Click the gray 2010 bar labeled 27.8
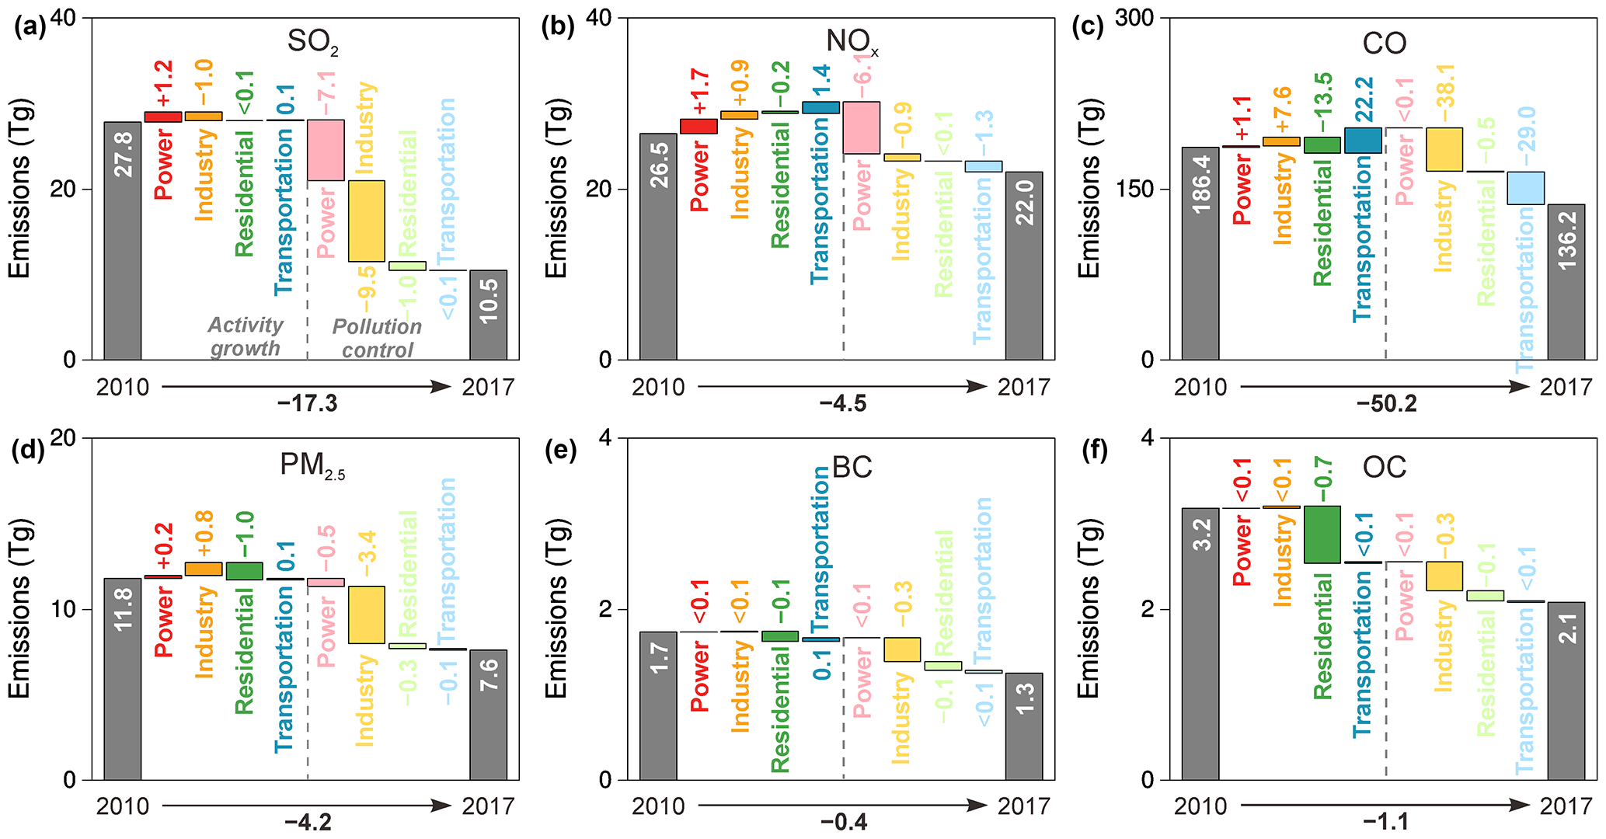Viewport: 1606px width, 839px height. tap(123, 241)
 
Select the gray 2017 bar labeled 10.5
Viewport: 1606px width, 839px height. tap(488, 315)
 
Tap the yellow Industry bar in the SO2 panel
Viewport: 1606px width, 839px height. tap(366, 221)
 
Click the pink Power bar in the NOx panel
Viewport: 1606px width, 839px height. tap(862, 127)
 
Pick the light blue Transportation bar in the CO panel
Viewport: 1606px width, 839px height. tap(1525, 188)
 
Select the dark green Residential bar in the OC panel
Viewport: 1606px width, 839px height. tap(1322, 534)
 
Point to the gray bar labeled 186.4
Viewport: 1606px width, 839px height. tap(1200, 253)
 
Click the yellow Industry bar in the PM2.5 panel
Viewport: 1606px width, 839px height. tap(366, 614)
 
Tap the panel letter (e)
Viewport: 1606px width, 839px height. tap(559, 450)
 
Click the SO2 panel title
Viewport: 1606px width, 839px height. tap(312, 42)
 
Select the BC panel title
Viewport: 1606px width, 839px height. tap(852, 467)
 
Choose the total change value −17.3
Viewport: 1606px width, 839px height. tap(308, 404)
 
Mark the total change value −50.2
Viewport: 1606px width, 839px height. tap(1387, 404)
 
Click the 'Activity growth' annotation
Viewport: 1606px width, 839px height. tap(246, 336)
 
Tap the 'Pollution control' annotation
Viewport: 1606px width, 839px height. tap(377, 338)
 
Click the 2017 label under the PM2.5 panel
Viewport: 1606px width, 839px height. tap(488, 806)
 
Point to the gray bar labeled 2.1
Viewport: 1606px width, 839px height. tap(1566, 691)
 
